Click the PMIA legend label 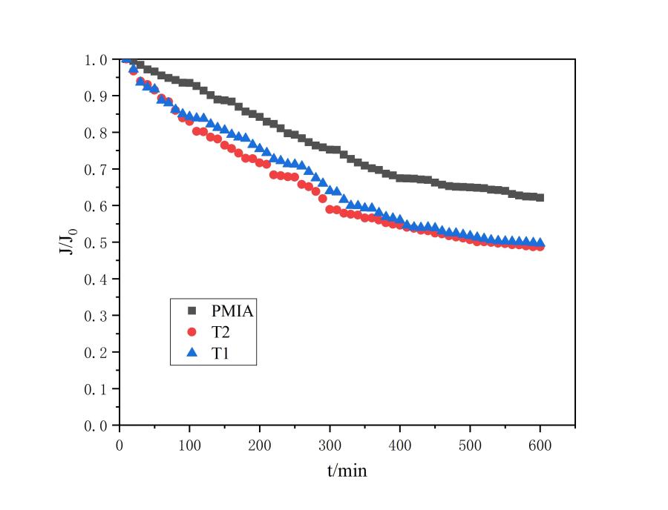pos(232,311)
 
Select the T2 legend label pos(221,333)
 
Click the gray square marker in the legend pos(191,311)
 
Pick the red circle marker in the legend pos(191,333)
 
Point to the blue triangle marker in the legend pos(191,354)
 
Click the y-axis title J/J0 pos(65,242)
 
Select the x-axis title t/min pos(347,471)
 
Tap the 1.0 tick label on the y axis pos(97,59)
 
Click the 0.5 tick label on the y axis pos(97,242)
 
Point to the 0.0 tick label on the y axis pos(97,425)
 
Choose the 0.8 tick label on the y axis pos(97,133)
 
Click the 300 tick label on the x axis pos(330,444)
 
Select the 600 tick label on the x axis pos(540,444)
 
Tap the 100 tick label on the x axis pos(189,444)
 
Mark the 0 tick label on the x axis pos(119,444)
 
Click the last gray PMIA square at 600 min pos(540,198)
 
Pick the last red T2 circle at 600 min pos(540,247)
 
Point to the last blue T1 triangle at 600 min pos(540,242)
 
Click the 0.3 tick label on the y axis pos(97,316)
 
